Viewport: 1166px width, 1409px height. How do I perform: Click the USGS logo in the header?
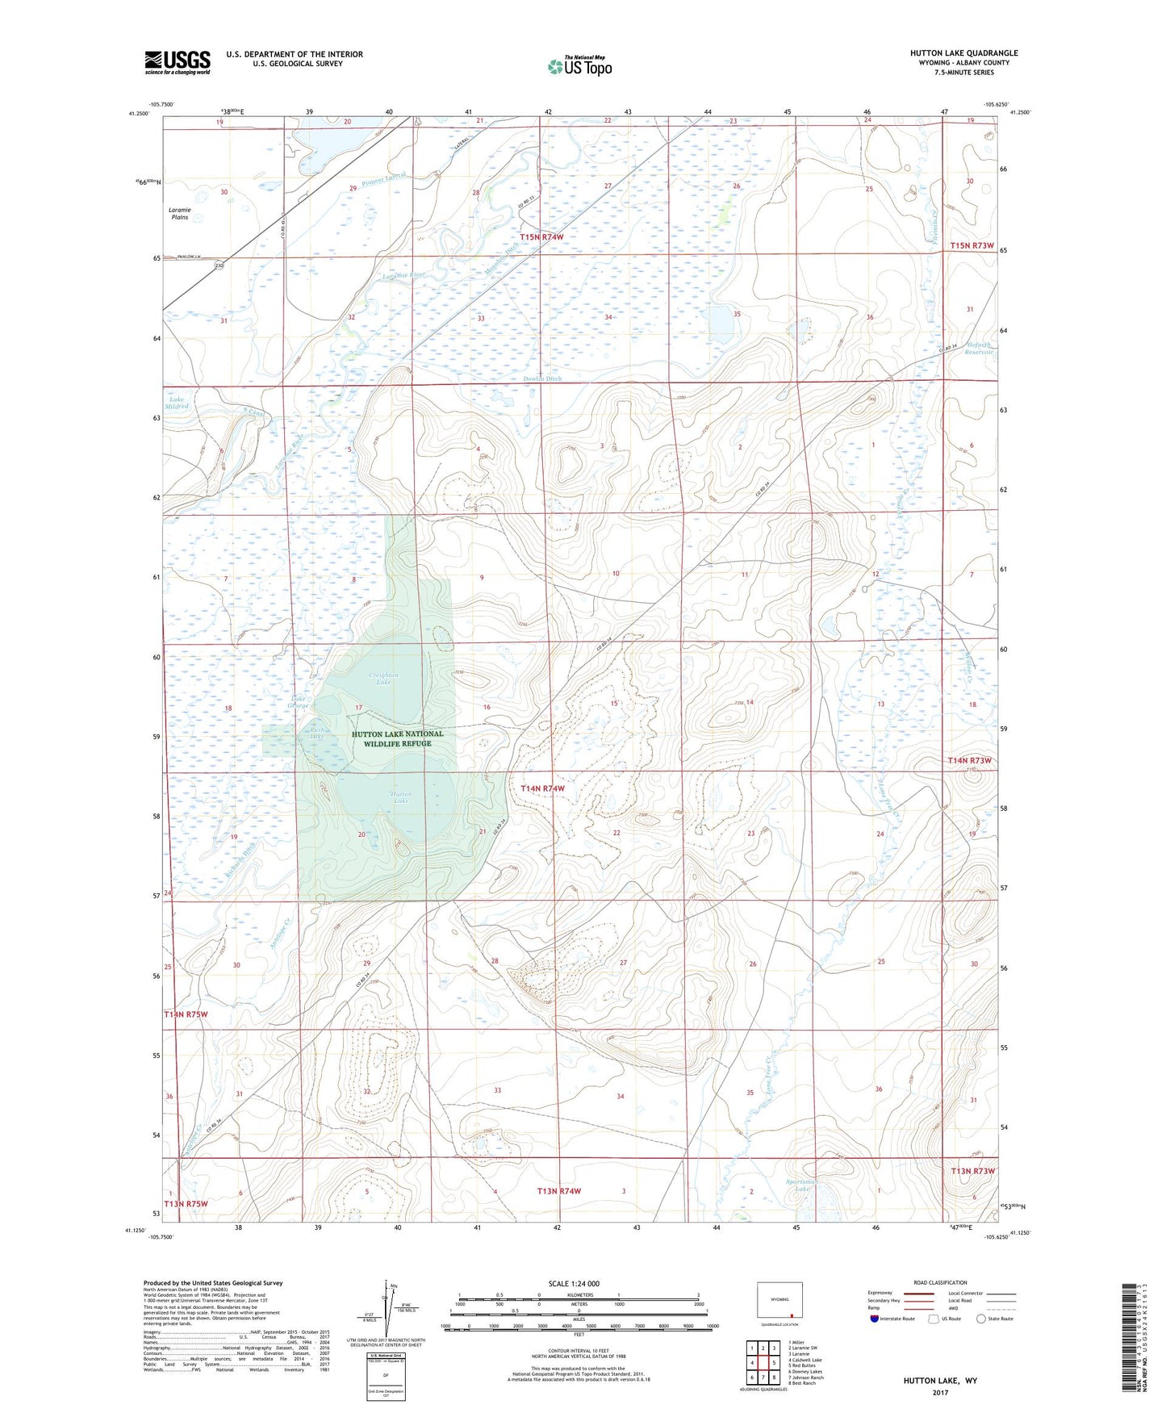point(177,62)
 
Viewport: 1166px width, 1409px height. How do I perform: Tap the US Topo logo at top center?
point(579,66)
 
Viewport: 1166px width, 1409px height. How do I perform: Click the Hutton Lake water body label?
point(401,797)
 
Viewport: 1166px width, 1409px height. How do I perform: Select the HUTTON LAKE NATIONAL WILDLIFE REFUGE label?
point(397,738)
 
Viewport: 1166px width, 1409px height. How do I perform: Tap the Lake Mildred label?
point(177,403)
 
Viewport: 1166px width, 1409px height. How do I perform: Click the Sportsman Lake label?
point(802,1185)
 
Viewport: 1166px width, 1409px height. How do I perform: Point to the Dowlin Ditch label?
point(541,378)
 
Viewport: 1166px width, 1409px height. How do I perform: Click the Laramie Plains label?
point(179,213)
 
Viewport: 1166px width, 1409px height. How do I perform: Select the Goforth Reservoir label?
point(979,349)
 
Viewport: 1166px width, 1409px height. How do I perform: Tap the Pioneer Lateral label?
point(382,178)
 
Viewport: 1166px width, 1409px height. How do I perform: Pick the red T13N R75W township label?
point(186,1204)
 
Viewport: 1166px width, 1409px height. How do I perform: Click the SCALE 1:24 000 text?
point(574,1284)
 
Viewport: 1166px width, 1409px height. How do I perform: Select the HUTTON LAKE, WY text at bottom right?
point(940,1381)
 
